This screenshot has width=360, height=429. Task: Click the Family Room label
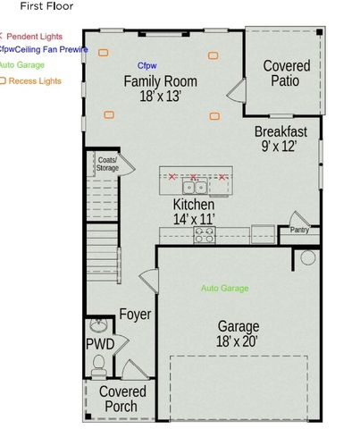point(160,82)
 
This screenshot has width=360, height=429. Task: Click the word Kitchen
point(193,205)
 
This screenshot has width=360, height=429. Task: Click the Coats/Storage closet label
point(107,164)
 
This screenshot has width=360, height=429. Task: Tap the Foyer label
point(135,314)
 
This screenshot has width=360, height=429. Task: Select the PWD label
point(99,344)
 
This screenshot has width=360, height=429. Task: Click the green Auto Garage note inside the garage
point(224,289)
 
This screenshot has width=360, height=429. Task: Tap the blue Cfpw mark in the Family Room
point(146,66)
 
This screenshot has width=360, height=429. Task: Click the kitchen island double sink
point(195,187)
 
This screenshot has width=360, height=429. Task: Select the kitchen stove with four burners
point(205,235)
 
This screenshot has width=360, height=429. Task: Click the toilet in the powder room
point(99,364)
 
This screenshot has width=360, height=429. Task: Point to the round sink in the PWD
point(97,327)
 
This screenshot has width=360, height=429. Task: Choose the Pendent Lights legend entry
point(34,36)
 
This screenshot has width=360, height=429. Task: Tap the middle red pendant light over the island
point(193,176)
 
